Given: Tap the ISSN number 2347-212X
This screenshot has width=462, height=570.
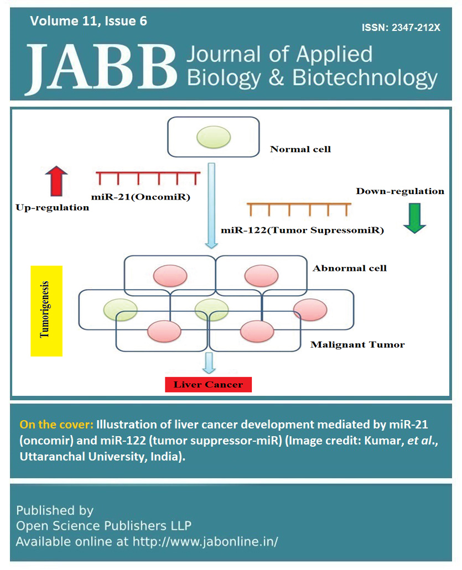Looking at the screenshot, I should click(x=401, y=27).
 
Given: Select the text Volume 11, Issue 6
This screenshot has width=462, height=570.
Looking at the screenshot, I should click(x=89, y=22).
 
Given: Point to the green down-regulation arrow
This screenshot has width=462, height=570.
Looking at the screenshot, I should click(x=414, y=218).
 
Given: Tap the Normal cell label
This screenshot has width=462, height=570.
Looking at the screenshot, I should click(x=300, y=149).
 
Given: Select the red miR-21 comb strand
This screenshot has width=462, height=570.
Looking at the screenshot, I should click(x=148, y=177).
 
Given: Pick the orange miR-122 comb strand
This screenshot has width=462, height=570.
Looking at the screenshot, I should click(x=299, y=210).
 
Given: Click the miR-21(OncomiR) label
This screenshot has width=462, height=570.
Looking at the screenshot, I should click(x=141, y=196).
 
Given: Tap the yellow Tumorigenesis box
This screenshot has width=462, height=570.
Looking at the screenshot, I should click(x=46, y=311).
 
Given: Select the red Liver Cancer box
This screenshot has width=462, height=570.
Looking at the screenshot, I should click(x=208, y=384).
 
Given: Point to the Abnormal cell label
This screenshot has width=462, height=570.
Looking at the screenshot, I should click(x=349, y=269).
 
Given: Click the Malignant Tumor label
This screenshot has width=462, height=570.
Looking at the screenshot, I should click(x=357, y=344).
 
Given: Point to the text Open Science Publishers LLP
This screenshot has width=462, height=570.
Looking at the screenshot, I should click(x=103, y=525).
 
